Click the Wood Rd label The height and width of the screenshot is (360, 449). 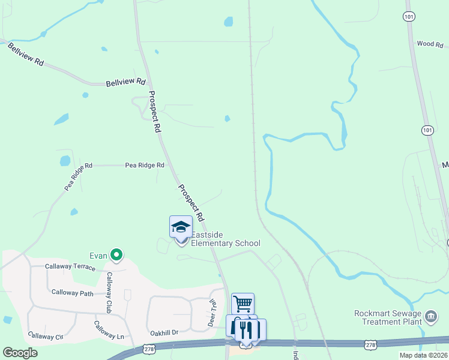[x=429, y=44]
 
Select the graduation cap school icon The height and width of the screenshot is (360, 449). [x=181, y=227]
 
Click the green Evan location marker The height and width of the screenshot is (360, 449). [x=116, y=256]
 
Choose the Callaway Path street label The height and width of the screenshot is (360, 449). [x=72, y=293]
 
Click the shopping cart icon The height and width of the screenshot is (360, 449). [x=243, y=304]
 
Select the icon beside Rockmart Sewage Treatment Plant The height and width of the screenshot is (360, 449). [x=430, y=316]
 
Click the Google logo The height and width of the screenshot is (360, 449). [x=20, y=353]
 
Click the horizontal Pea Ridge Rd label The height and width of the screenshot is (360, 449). [x=144, y=165]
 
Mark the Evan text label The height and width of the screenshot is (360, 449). [x=99, y=256]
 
